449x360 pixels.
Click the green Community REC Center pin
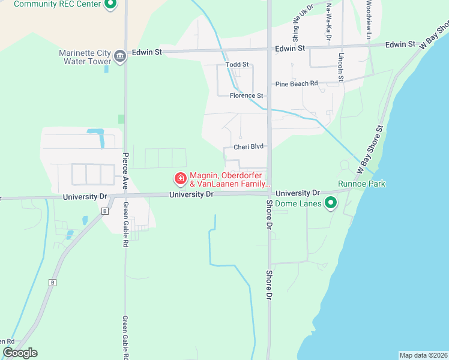[110, 4]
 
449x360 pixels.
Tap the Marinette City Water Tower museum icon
[120, 56]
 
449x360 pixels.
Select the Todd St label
[237, 65]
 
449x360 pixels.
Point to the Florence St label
[246, 95]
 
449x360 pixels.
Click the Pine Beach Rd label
[296, 84]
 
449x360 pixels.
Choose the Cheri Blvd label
[249, 146]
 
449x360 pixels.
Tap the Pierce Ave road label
[125, 171]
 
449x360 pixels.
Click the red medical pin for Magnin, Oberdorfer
[179, 178]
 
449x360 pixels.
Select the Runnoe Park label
[361, 184]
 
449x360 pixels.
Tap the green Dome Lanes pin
[330, 203]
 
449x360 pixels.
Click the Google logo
[20, 353]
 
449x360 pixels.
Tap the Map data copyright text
[423, 355]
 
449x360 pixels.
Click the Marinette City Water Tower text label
[85, 56]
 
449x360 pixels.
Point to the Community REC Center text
[57, 4]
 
